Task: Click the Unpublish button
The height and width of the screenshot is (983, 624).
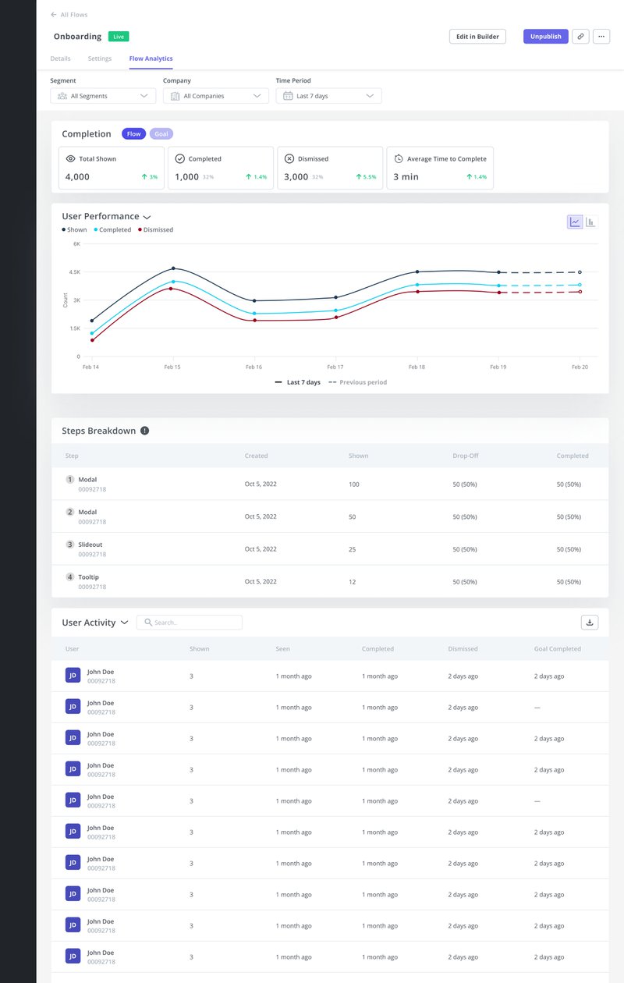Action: [545, 37]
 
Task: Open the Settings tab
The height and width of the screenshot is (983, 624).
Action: [99, 59]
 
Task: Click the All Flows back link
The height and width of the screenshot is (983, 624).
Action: [69, 15]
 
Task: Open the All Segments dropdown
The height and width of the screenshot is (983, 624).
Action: [103, 96]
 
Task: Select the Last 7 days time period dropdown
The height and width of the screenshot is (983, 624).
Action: [328, 96]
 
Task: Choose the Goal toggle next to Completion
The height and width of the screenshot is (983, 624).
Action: [161, 134]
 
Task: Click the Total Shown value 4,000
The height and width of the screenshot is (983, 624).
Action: [77, 177]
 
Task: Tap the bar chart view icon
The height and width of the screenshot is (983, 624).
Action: [590, 222]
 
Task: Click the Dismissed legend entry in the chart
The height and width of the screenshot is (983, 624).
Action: [156, 230]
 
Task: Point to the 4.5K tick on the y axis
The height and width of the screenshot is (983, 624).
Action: [75, 272]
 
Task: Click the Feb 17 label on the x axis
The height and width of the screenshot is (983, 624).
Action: [335, 367]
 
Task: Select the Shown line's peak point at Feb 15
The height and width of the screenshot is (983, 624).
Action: [173, 268]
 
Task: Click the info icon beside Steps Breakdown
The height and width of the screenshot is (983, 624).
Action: [144, 431]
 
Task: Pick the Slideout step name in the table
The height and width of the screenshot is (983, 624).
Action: [90, 545]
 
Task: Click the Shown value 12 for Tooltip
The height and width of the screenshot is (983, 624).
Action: [353, 582]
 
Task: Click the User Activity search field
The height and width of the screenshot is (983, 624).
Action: [190, 623]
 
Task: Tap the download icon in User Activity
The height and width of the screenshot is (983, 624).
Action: [590, 623]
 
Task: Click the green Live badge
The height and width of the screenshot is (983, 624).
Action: [119, 37]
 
